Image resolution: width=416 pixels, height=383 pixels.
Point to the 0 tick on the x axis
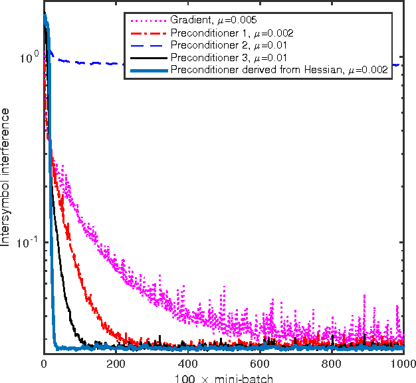click(x=44, y=364)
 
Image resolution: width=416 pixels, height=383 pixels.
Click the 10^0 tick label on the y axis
click(x=29, y=59)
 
